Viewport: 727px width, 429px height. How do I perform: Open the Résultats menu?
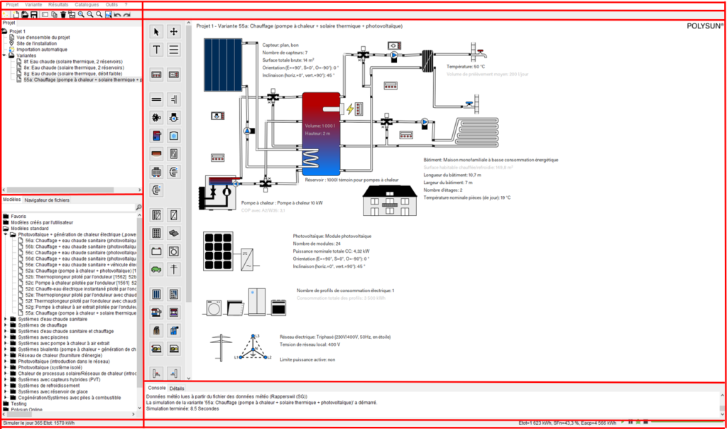tap(58, 4)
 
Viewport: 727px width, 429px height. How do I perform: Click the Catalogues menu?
tap(87, 4)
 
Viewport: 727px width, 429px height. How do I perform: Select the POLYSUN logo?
tap(704, 26)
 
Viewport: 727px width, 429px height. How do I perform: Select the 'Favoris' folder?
tap(18, 216)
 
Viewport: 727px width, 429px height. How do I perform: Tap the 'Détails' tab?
tap(177, 389)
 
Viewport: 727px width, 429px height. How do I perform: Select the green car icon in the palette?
tap(157, 269)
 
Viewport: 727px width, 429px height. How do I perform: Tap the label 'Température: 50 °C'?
tap(466, 67)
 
